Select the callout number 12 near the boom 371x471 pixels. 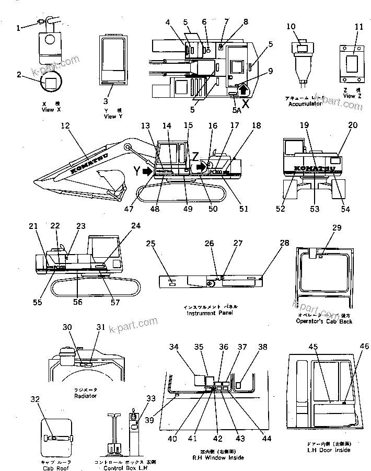coord(65,125)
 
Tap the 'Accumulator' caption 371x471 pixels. coord(305,104)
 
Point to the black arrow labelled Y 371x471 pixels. coord(148,171)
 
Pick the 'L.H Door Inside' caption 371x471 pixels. coord(321,450)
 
